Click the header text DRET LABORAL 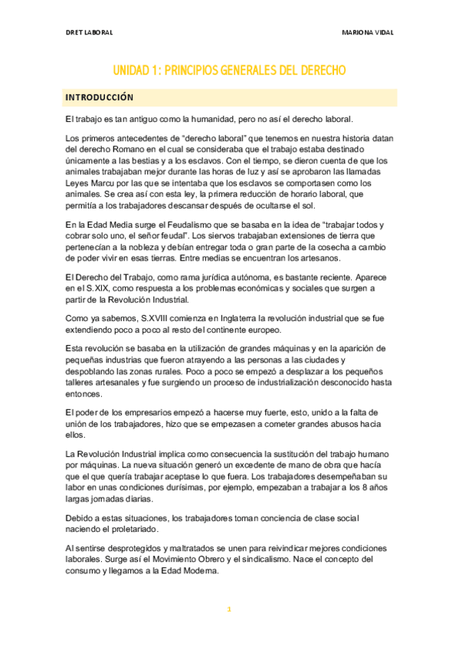coord(90,33)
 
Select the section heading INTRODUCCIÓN coord(100,97)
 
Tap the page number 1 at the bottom coord(229,609)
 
